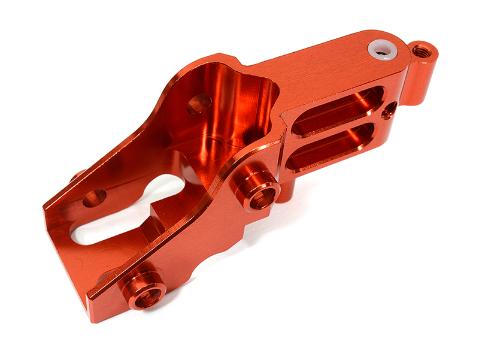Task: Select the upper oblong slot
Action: (339, 110)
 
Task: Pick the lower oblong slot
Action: (335, 146)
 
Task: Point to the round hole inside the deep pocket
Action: (198, 104)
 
